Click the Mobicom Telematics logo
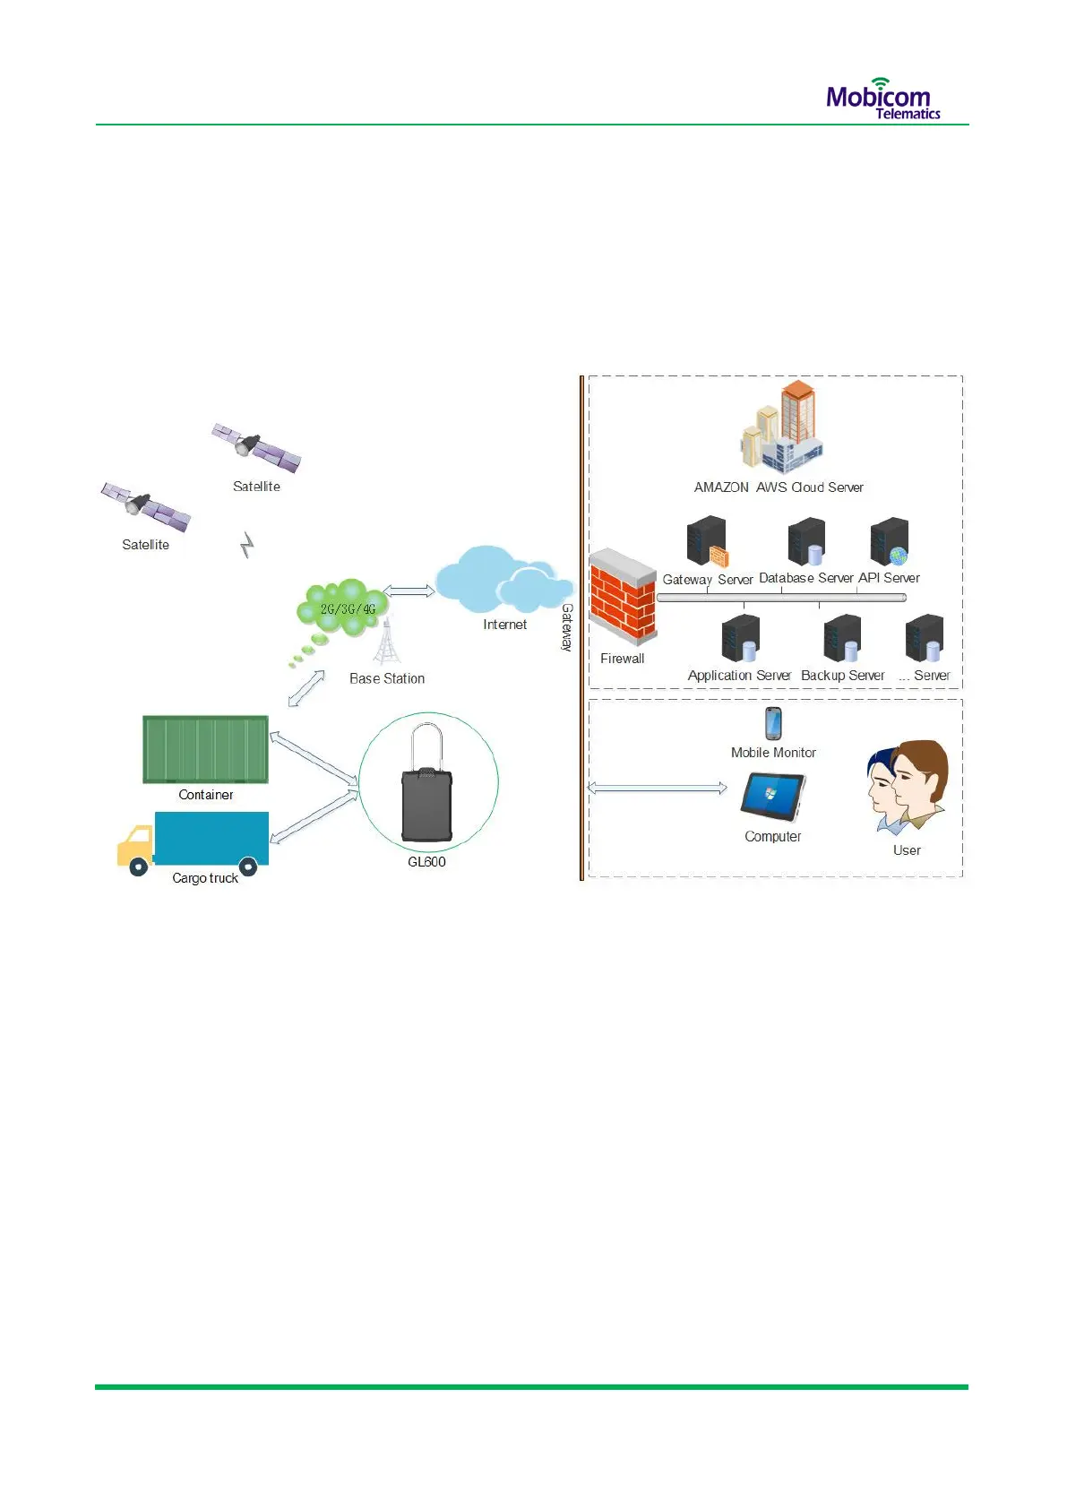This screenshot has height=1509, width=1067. [x=882, y=99]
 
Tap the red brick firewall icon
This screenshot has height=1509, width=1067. [x=622, y=598]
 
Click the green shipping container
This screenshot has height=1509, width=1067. [x=205, y=749]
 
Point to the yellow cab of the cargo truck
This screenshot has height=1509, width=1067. [x=135, y=846]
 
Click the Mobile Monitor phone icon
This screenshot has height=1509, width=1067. [x=773, y=723]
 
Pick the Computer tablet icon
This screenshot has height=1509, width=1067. [x=772, y=797]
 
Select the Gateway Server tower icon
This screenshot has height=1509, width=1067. [x=707, y=541]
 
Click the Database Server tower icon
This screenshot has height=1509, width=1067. [x=806, y=541]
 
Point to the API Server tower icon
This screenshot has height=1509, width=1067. [x=889, y=542]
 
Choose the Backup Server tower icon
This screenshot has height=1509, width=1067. [x=842, y=638]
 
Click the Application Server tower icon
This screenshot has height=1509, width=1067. [x=741, y=638]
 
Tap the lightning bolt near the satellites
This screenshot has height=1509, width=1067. [x=248, y=544]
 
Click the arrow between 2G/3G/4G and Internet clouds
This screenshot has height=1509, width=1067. [x=409, y=591]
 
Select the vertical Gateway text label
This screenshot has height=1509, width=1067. [x=566, y=626]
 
